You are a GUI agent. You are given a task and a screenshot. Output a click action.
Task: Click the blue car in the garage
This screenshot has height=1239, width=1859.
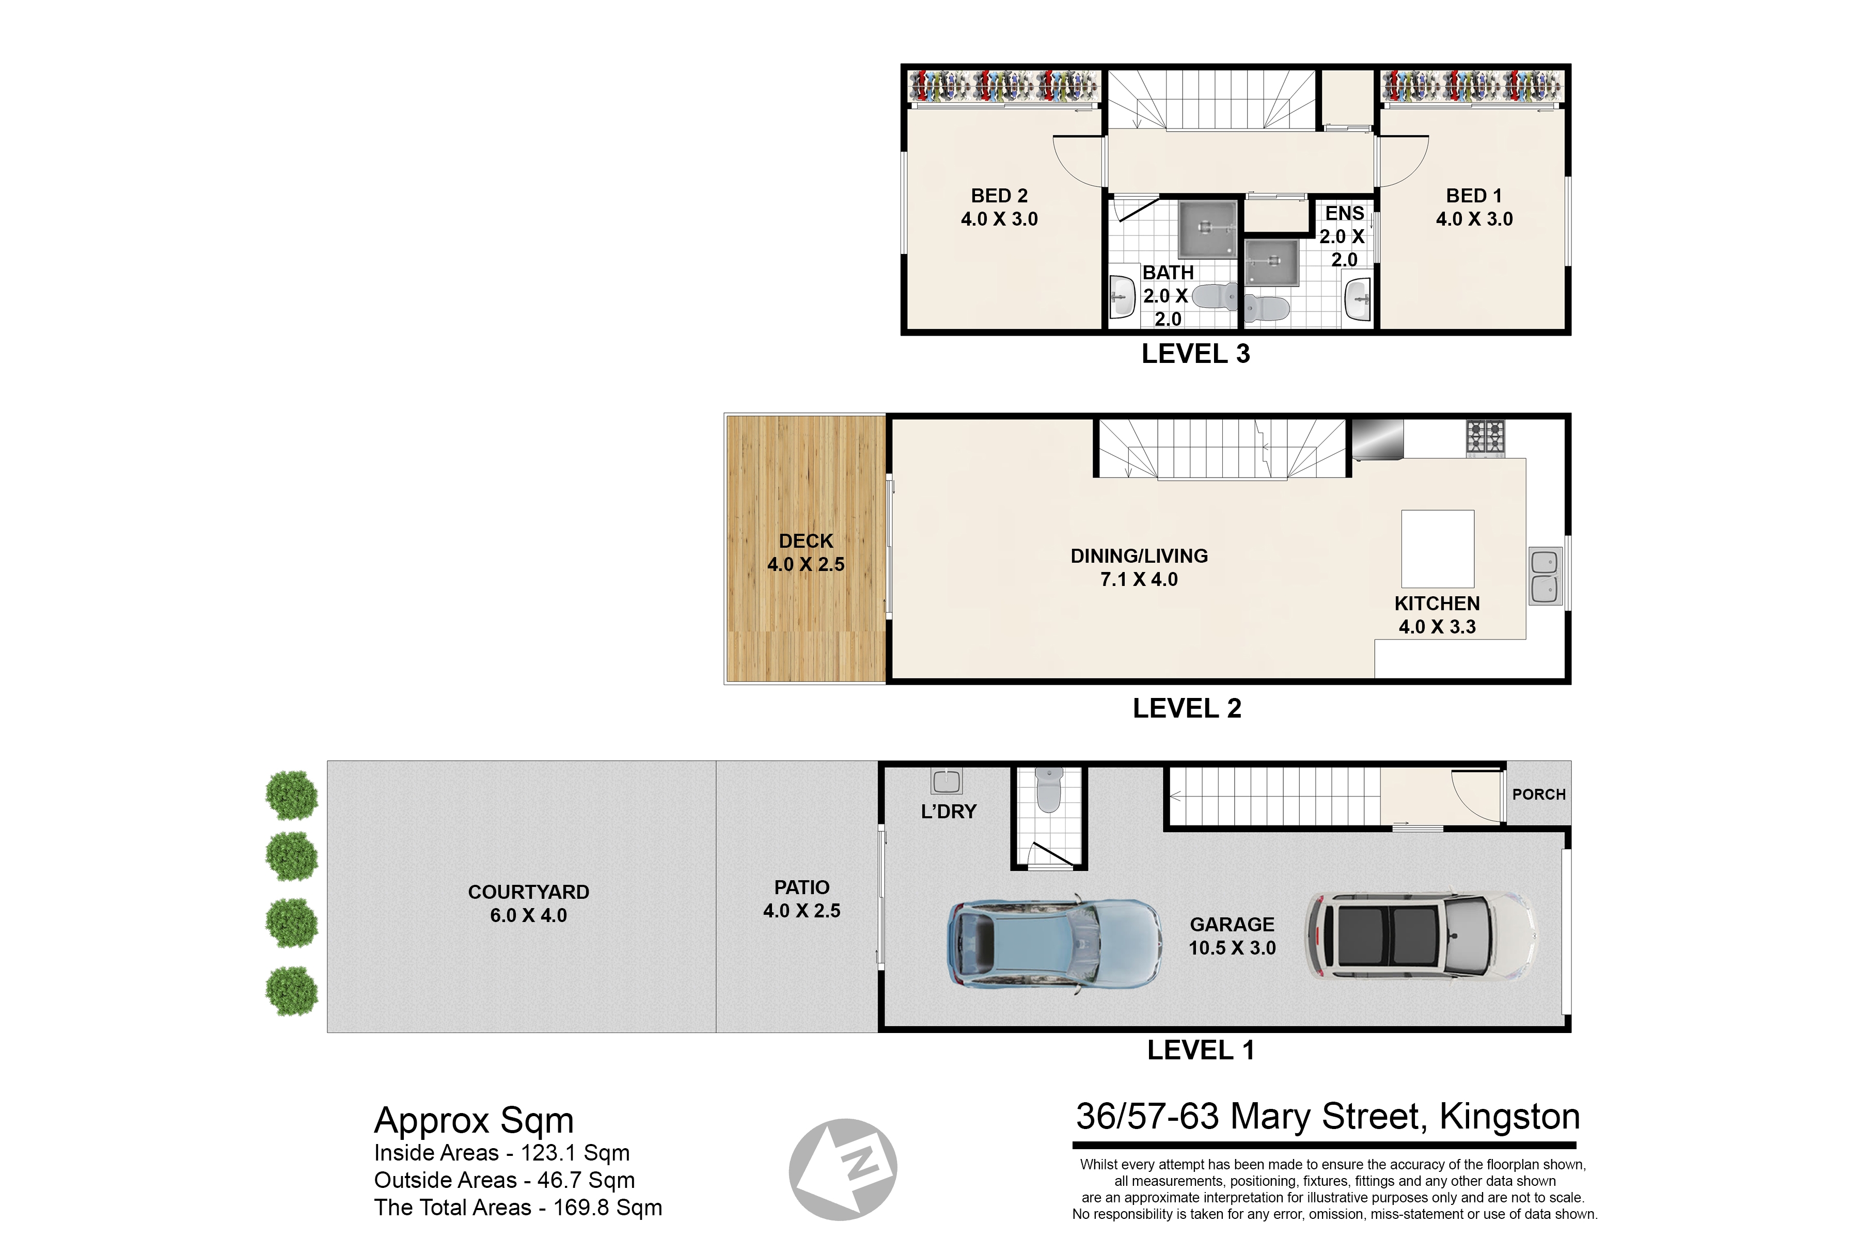[1054, 944]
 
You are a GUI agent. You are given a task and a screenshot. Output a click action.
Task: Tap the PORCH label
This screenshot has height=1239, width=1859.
[1539, 794]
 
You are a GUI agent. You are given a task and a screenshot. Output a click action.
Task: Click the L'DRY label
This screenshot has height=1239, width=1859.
[949, 812]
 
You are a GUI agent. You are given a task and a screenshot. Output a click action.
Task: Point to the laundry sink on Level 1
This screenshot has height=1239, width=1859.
[946, 782]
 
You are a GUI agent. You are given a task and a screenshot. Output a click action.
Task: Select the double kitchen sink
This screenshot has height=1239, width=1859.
[1545, 576]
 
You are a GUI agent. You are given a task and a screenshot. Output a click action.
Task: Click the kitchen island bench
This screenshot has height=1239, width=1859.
[1438, 548]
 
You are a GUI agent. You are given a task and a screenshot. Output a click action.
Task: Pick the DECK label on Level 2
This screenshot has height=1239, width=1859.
[806, 541]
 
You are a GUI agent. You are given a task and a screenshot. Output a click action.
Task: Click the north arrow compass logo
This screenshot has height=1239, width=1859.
[843, 1169]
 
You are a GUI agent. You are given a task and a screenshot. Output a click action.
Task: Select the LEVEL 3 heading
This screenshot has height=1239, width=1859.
[1195, 354]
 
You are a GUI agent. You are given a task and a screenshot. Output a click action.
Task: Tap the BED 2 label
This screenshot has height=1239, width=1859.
[999, 195]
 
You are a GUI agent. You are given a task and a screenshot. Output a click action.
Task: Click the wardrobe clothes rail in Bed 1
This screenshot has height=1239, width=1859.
[1472, 87]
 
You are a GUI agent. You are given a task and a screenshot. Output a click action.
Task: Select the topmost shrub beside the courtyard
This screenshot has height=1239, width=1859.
[292, 795]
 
